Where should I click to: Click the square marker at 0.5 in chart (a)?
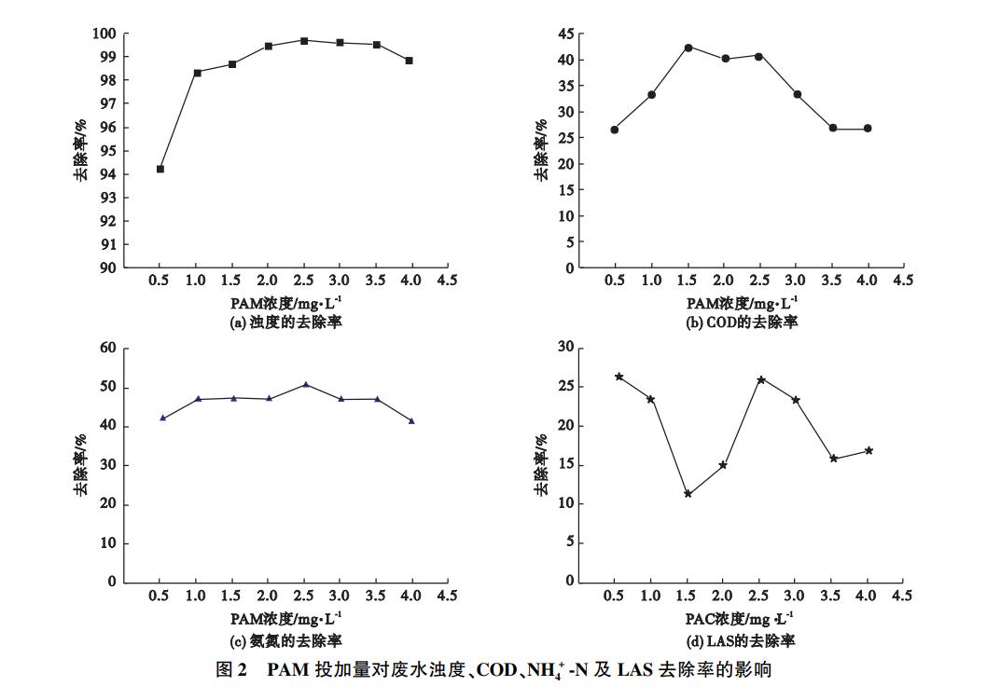(x=160, y=169)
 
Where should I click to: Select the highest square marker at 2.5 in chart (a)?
(x=304, y=41)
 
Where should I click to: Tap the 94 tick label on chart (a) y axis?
(x=108, y=174)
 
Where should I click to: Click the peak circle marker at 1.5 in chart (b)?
(x=688, y=47)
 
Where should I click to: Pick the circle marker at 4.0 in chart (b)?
(x=868, y=129)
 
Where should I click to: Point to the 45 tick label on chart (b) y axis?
(x=564, y=34)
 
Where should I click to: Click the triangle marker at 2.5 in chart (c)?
(x=305, y=384)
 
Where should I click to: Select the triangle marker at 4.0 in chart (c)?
(x=411, y=421)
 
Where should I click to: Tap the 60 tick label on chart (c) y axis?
(x=108, y=348)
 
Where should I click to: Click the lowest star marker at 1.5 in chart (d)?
(x=688, y=494)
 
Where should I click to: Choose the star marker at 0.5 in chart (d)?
(x=619, y=377)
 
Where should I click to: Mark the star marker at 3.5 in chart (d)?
(x=833, y=459)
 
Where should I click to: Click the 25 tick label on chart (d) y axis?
(x=564, y=387)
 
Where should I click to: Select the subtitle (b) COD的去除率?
(x=742, y=323)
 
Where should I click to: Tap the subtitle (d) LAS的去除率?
(x=742, y=641)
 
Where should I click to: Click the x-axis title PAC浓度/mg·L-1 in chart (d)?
(x=741, y=618)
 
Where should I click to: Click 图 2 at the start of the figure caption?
(x=229, y=670)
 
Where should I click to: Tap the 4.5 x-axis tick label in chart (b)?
(x=903, y=281)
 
